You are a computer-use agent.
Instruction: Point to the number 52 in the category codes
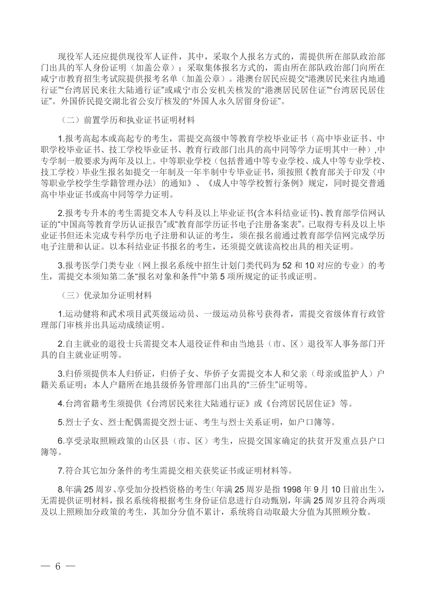pos(287,266)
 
